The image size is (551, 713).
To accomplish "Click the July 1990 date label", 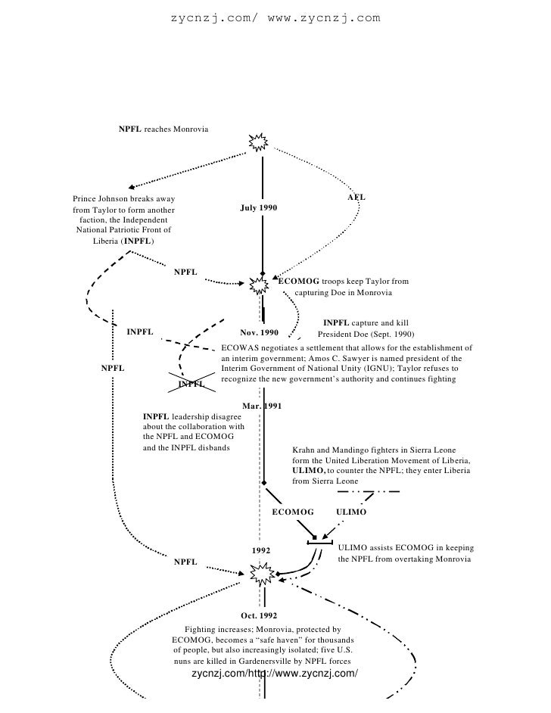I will (x=259, y=207).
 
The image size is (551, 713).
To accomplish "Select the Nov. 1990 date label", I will (x=259, y=332).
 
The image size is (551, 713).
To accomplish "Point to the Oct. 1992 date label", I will (x=260, y=615).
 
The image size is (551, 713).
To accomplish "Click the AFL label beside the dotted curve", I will (x=356, y=197).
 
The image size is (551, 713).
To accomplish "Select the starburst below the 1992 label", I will (x=260, y=572).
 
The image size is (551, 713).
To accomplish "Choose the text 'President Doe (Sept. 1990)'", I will (x=366, y=334).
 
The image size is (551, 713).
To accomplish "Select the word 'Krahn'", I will (x=304, y=450).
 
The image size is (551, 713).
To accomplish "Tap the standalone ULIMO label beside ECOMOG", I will (x=350, y=512).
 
